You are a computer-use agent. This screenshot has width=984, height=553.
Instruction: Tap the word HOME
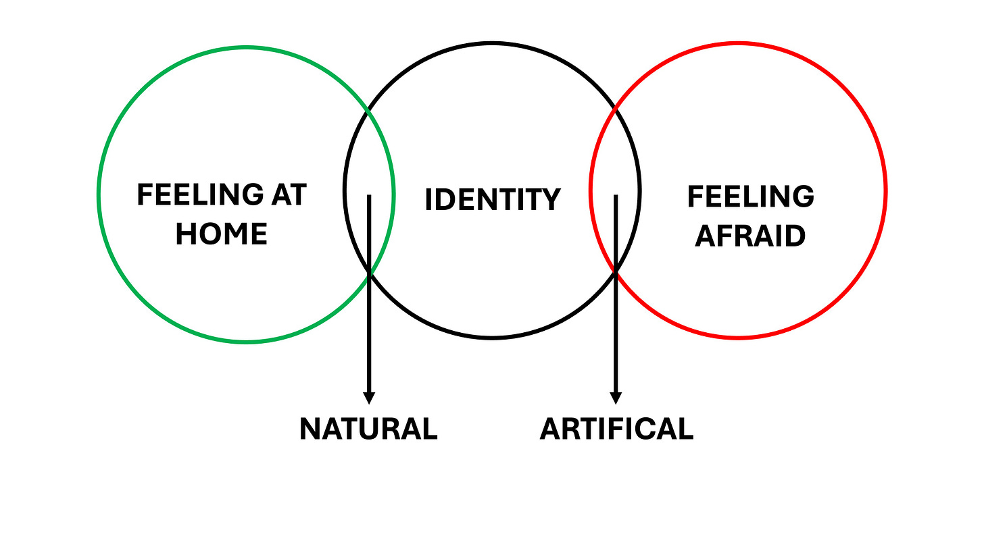pos(221,234)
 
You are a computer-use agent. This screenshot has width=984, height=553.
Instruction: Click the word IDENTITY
pos(492,200)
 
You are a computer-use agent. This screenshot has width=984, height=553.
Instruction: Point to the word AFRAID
pos(750,236)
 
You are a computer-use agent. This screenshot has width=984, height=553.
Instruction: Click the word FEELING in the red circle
pos(750,196)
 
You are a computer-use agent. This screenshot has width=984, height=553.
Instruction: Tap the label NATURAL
pos(368,429)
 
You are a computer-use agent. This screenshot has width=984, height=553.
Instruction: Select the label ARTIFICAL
pos(616,429)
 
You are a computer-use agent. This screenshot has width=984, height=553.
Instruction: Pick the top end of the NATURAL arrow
pos(369,196)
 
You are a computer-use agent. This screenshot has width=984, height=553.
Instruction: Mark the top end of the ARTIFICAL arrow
pos(616,196)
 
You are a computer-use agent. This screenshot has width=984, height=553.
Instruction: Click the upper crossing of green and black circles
pos(367,109)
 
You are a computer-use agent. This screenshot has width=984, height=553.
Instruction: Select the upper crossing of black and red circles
pos(614,108)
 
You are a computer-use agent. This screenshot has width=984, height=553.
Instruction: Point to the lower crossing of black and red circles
pos(616,271)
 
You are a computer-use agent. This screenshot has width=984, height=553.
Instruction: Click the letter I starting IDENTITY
pos(428,200)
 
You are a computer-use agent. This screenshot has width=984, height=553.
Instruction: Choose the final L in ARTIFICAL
pos(686,429)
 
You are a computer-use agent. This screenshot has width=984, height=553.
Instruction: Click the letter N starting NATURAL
pos(310,429)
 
